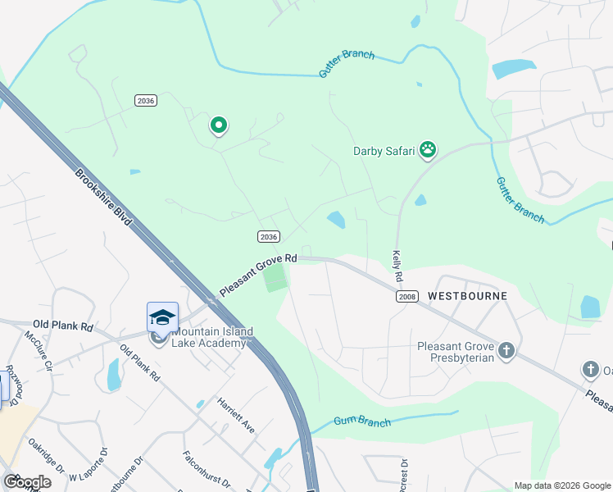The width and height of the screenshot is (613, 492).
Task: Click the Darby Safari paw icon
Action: (x=428, y=149)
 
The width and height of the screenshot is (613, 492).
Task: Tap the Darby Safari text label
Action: (x=384, y=151)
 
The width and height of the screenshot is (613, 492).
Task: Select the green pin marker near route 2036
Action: (x=219, y=125)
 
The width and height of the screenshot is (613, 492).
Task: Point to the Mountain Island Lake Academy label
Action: (x=209, y=337)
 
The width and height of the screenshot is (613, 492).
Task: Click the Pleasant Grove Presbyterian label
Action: (x=455, y=351)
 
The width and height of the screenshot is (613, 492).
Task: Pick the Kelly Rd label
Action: (x=397, y=267)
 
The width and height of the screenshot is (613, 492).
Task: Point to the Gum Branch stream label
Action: (x=362, y=422)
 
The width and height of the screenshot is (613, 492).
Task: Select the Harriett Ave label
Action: (x=236, y=415)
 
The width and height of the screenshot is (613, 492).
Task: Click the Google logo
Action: (x=27, y=482)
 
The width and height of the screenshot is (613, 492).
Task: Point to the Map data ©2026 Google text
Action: (x=561, y=485)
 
